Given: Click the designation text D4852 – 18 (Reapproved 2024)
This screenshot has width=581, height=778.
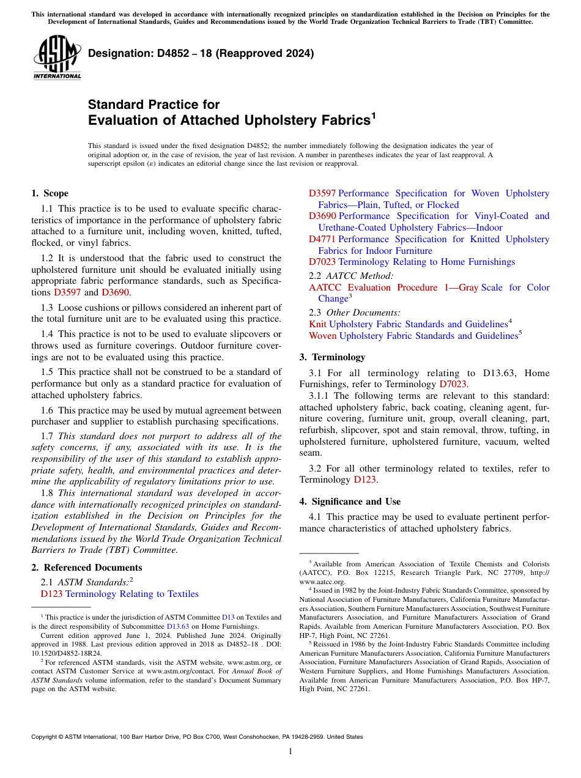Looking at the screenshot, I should click(x=201, y=53).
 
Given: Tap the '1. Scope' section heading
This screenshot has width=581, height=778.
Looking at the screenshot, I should click(x=50, y=193).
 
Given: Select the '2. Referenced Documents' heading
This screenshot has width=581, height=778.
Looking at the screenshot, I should click(x=86, y=568).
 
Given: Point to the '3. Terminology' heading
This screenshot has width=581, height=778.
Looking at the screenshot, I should click(x=332, y=357).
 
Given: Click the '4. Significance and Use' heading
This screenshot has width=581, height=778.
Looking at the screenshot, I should click(x=350, y=502).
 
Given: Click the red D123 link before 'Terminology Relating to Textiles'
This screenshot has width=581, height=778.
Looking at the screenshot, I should click(x=51, y=594).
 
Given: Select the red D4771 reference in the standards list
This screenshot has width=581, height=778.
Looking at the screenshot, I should click(x=322, y=239).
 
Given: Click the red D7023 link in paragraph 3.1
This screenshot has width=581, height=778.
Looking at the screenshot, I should click(x=453, y=384).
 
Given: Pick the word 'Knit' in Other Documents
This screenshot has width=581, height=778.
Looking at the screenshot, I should click(x=317, y=324).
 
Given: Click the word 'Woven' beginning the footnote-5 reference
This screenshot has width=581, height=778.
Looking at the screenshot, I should click(x=323, y=336).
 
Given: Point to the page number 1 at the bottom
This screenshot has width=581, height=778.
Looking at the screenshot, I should click(x=290, y=751).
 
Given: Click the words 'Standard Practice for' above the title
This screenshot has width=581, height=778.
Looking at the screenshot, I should click(x=154, y=105).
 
